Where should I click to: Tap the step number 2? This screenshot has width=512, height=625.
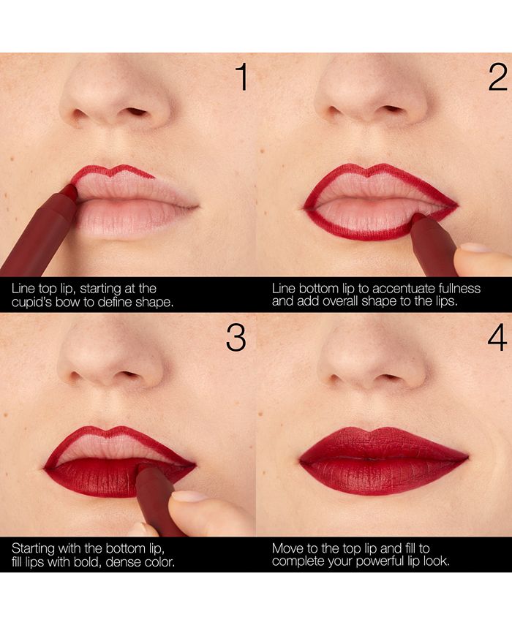click(497, 77)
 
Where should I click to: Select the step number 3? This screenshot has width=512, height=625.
click(236, 337)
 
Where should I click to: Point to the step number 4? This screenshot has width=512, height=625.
click(497, 337)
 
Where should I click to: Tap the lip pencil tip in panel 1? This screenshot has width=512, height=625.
click(70, 192)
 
